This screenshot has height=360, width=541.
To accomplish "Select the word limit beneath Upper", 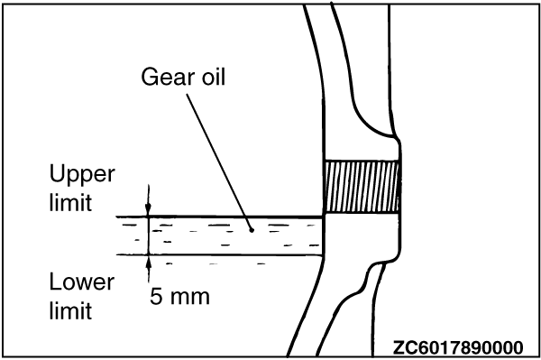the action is point(70,202).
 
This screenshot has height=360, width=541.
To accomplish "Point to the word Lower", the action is point(82,282).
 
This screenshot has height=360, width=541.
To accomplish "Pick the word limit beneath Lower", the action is point(70,310).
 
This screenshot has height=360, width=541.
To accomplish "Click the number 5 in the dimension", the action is point(156,296).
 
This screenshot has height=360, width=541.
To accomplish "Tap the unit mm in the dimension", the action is point(190,299).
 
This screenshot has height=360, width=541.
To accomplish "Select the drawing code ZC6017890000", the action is point(458,347).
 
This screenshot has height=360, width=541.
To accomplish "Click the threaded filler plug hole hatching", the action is point(362,187).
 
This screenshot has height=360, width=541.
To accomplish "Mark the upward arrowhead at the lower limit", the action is point(149,262).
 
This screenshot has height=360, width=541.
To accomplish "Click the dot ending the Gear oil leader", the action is point(252,230).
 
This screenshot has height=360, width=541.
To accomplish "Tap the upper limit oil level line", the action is point(219,217).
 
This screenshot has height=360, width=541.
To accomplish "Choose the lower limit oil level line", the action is point(219,255).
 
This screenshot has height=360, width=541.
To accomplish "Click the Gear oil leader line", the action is point(219,162).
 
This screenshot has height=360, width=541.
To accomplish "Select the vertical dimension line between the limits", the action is point(149,236).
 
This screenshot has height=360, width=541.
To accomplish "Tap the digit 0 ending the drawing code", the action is point(518,347).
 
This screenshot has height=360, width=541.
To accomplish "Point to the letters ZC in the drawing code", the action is point(404,347).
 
